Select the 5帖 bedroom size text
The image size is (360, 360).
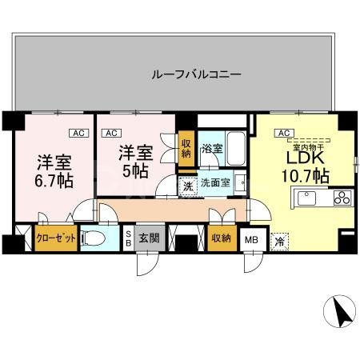click(134, 170)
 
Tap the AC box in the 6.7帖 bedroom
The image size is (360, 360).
click(78, 133)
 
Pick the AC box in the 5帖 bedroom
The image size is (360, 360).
click(111, 133)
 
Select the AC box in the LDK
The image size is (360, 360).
click(282, 133)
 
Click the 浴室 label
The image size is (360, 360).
click(211, 149)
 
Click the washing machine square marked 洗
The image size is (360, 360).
click(186, 186)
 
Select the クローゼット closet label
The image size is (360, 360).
click(55, 238)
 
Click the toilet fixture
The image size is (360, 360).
click(94, 238)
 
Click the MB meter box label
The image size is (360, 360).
click(250, 238)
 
